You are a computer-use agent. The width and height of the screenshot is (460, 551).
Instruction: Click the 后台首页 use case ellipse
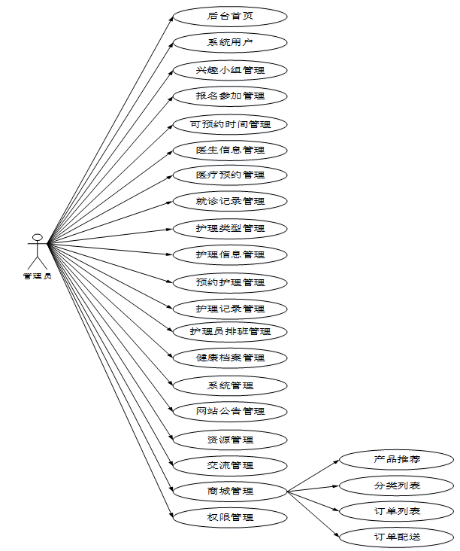click(x=230, y=16)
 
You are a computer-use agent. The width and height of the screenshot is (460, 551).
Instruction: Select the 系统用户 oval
click(x=230, y=43)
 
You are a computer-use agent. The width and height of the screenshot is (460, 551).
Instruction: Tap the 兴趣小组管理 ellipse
click(x=230, y=70)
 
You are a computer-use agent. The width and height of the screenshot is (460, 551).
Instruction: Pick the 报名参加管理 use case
click(x=230, y=96)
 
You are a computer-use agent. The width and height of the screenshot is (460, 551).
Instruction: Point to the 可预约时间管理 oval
click(x=230, y=124)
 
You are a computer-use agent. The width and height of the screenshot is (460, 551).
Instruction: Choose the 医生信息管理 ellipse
click(x=230, y=150)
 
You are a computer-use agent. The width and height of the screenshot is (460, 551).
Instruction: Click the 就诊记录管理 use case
click(x=230, y=201)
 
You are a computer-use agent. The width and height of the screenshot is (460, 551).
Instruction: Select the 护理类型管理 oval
click(x=230, y=228)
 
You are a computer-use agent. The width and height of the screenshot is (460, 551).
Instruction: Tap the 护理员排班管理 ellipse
click(x=230, y=331)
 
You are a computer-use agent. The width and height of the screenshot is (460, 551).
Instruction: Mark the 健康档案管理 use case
click(x=230, y=358)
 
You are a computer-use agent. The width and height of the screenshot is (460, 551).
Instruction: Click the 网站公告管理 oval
click(x=230, y=411)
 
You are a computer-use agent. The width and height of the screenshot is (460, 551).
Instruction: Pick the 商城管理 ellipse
click(x=230, y=492)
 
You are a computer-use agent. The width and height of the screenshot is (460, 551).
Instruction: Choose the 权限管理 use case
click(x=230, y=518)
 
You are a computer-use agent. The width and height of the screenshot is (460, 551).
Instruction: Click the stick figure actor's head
click(x=35, y=238)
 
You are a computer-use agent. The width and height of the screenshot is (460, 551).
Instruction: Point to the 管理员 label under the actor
click(x=37, y=276)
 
